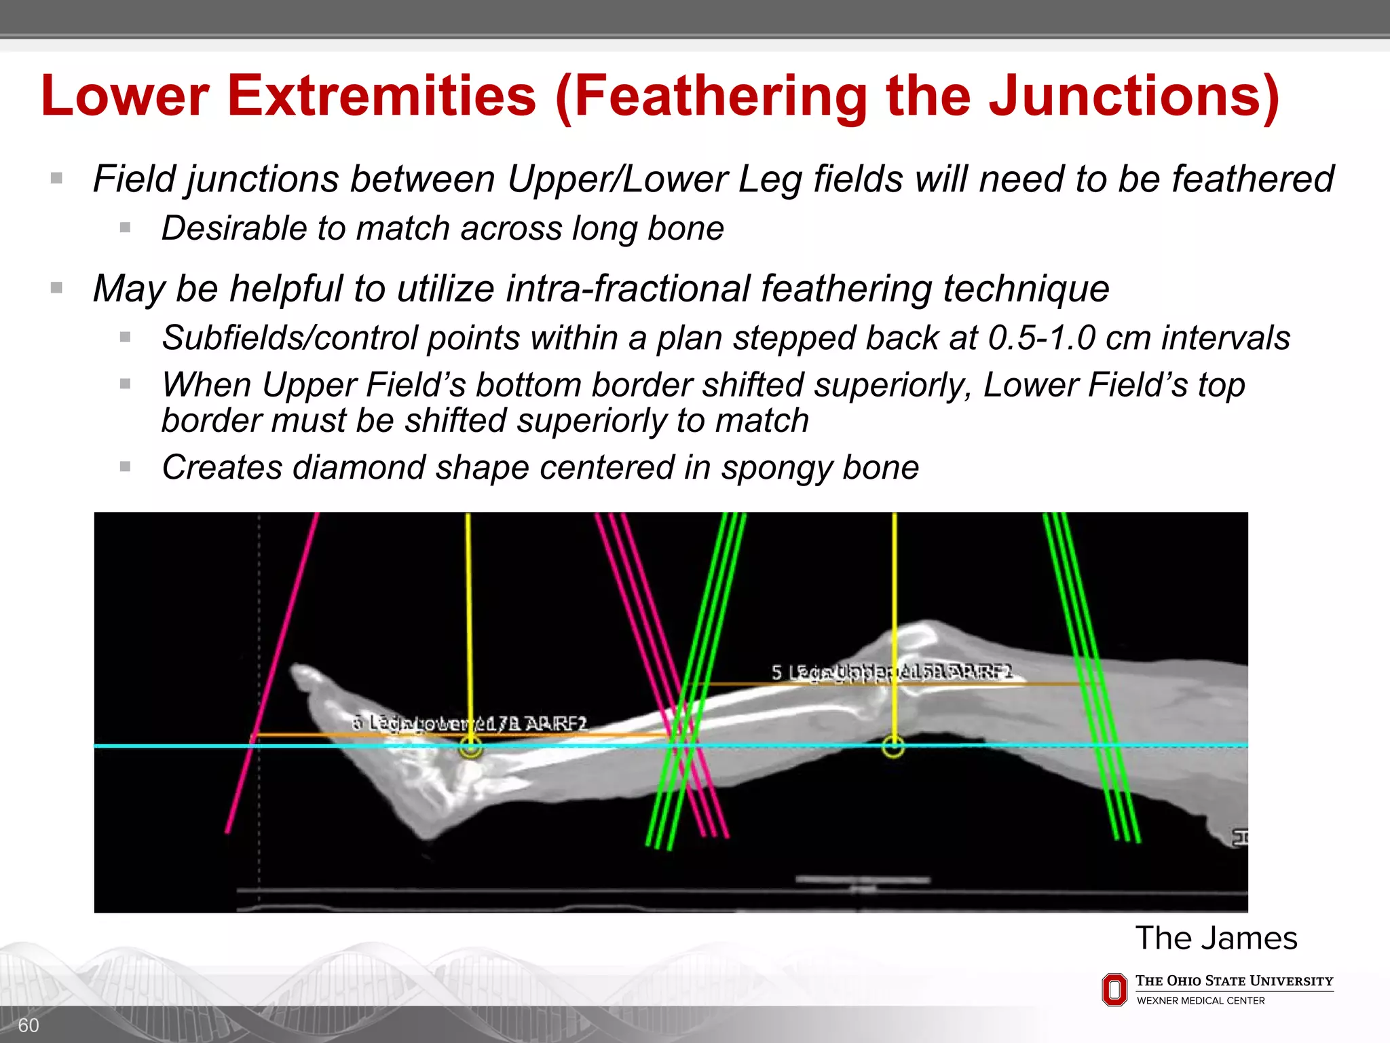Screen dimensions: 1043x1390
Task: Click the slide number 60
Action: pos(28,1025)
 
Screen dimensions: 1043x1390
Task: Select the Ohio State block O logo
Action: pos(1114,989)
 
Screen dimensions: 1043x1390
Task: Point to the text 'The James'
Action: pos(1216,938)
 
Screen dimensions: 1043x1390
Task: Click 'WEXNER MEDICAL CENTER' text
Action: pos(1200,1001)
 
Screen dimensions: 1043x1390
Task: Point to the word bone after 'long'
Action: pos(685,228)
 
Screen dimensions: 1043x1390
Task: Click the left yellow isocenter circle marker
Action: pos(470,748)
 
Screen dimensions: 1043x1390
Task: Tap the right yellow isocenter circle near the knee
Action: pos(893,747)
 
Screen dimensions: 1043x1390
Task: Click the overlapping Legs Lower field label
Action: pos(468,724)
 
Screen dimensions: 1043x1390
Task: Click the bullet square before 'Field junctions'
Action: pos(57,179)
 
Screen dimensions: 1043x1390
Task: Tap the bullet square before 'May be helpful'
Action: pos(57,288)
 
